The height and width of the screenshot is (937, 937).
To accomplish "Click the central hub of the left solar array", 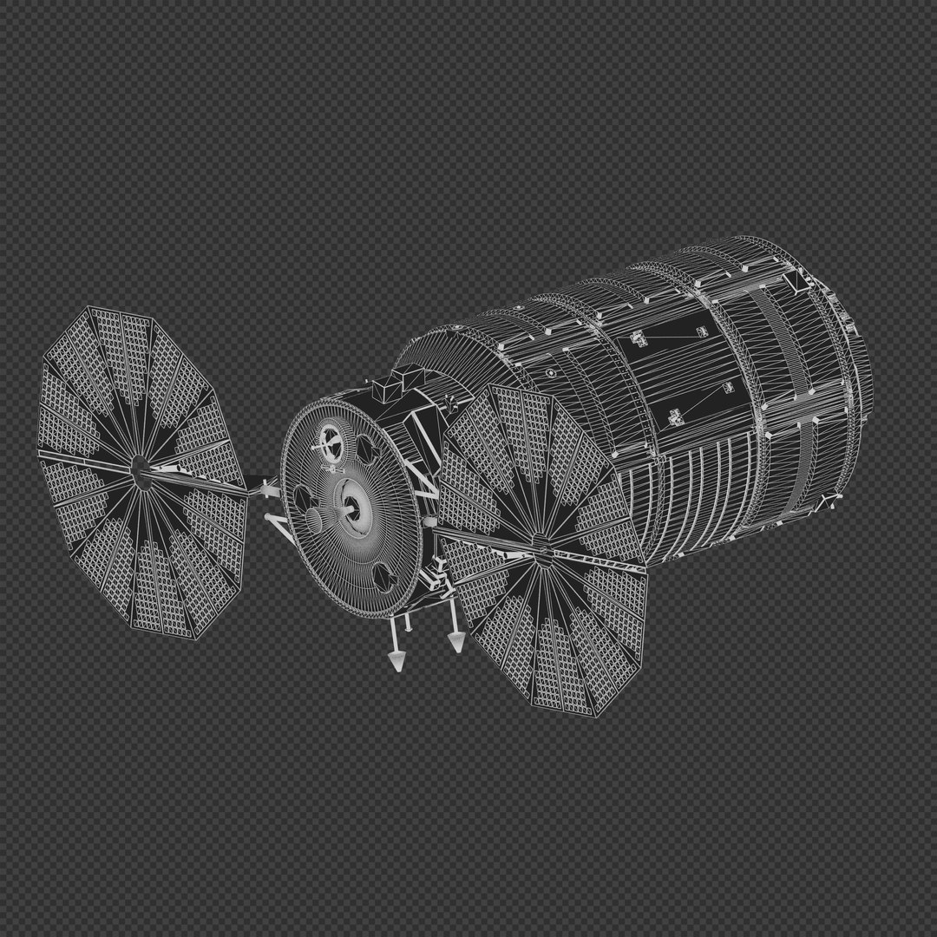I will [137, 469].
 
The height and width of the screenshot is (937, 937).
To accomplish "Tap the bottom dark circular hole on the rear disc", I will [383, 576].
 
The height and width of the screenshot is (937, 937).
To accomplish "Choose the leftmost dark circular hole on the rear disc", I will [303, 497].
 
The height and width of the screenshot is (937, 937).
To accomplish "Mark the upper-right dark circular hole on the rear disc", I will [365, 448].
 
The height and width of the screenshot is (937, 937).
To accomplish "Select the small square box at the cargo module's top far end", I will [794, 282].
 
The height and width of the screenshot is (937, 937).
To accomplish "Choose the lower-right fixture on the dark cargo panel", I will [727, 388].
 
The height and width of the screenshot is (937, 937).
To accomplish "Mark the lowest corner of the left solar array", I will [199, 639].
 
